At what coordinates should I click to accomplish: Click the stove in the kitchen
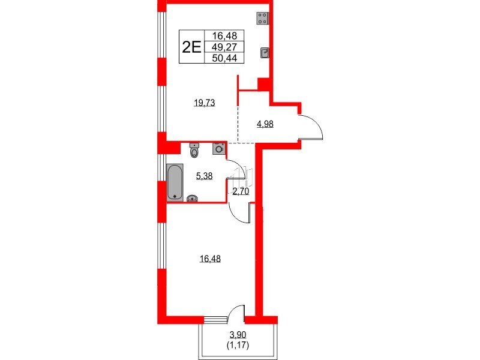click(262, 19)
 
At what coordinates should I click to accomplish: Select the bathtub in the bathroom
click(175, 181)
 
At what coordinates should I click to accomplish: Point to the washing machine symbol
click(219, 148)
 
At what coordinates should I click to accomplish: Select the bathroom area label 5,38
click(204, 177)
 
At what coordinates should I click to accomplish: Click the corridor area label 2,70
click(241, 192)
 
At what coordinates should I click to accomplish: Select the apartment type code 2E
click(191, 47)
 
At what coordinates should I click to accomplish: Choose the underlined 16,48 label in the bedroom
click(210, 259)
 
